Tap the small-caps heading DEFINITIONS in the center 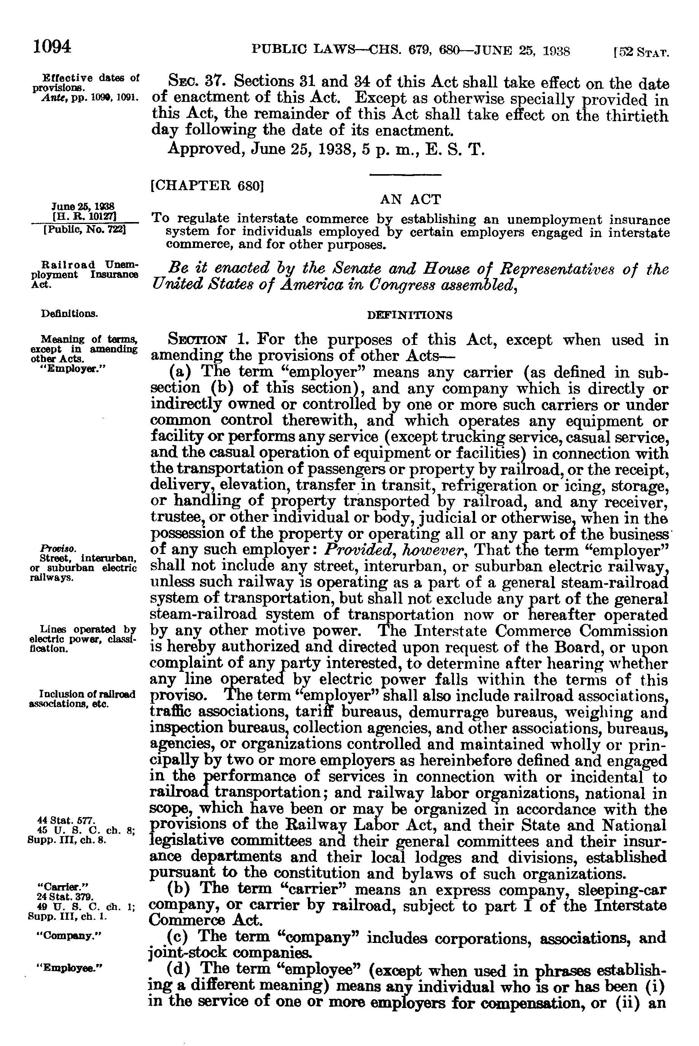pyautogui.click(x=409, y=316)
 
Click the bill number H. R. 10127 pyautogui.click(x=84, y=217)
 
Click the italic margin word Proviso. pyautogui.click(x=52, y=548)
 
